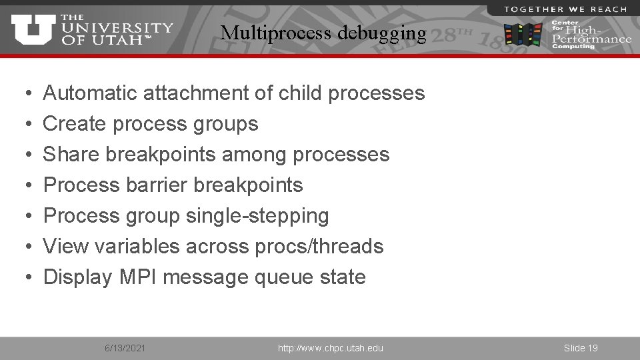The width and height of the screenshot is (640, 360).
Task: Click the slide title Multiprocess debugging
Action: click(x=323, y=33)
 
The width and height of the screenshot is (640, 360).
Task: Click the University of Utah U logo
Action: click(x=33, y=30)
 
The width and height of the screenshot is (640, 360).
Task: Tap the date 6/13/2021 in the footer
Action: click(x=126, y=348)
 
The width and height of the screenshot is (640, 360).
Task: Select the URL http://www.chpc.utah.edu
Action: click(x=330, y=348)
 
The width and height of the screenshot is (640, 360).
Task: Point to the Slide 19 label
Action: click(x=581, y=348)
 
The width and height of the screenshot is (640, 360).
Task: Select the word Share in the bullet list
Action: click(x=71, y=155)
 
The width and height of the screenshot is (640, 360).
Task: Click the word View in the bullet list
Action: click(x=66, y=247)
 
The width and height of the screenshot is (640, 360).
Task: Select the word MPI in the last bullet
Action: click(x=138, y=277)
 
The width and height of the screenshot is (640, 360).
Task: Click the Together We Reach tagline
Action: click(x=565, y=9)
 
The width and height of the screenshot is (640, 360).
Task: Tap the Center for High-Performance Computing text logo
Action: click(x=589, y=35)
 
